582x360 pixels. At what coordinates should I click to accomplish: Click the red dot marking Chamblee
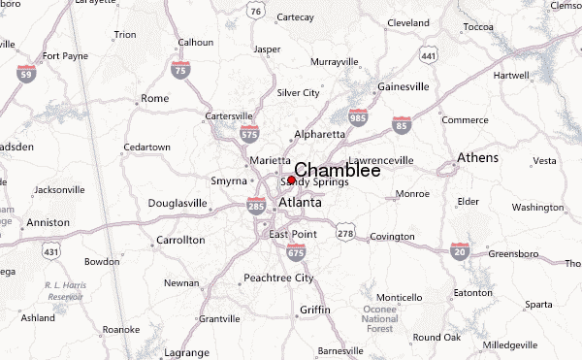pos(291,180)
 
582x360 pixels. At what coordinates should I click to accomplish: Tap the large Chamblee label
pos(337,170)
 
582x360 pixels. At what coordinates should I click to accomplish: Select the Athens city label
pos(478,158)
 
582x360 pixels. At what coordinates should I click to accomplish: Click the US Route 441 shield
pos(429,58)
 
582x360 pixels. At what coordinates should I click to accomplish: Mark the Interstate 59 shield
pos(26,72)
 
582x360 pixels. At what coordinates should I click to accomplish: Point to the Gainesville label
pos(403,86)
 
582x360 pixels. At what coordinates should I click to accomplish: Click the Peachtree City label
pos(278,278)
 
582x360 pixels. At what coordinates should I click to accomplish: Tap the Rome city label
pos(154,98)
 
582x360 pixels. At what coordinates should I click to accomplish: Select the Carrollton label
pos(180,239)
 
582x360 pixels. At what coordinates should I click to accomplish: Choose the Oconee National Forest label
pos(381,318)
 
